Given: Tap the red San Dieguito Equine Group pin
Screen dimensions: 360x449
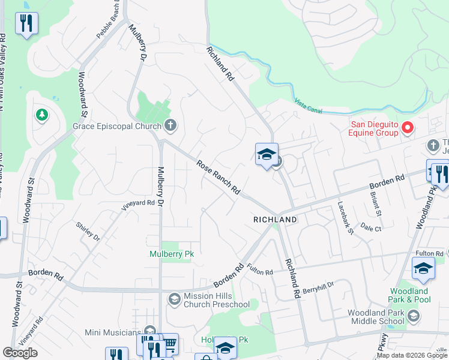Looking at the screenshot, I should click(408, 128).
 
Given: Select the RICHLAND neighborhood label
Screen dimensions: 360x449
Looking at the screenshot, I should click(275, 220).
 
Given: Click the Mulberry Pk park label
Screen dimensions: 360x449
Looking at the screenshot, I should click(172, 254).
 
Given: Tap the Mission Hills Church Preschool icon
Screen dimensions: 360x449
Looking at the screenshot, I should click(174, 299).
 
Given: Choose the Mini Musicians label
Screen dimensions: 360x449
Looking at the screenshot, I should click(113, 332).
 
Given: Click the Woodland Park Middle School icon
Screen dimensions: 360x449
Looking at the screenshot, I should click(413, 316).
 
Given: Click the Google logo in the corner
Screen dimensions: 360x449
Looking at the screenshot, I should click(20, 353).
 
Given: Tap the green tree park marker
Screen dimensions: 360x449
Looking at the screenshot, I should click(41, 114).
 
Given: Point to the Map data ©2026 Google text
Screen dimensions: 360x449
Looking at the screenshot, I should click(412, 355).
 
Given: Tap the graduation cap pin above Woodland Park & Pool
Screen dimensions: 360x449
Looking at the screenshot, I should click(423, 269).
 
